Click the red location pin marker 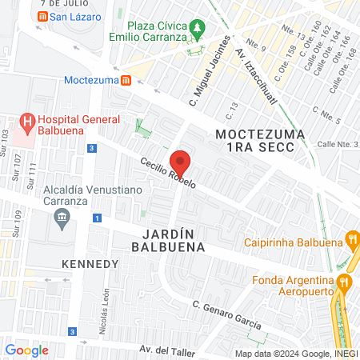tap(180, 162)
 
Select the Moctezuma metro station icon tap(126, 81)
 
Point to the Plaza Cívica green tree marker tap(196, 30)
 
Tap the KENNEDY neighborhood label tap(85, 263)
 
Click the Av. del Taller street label tap(167, 350)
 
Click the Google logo tap(26, 350)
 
